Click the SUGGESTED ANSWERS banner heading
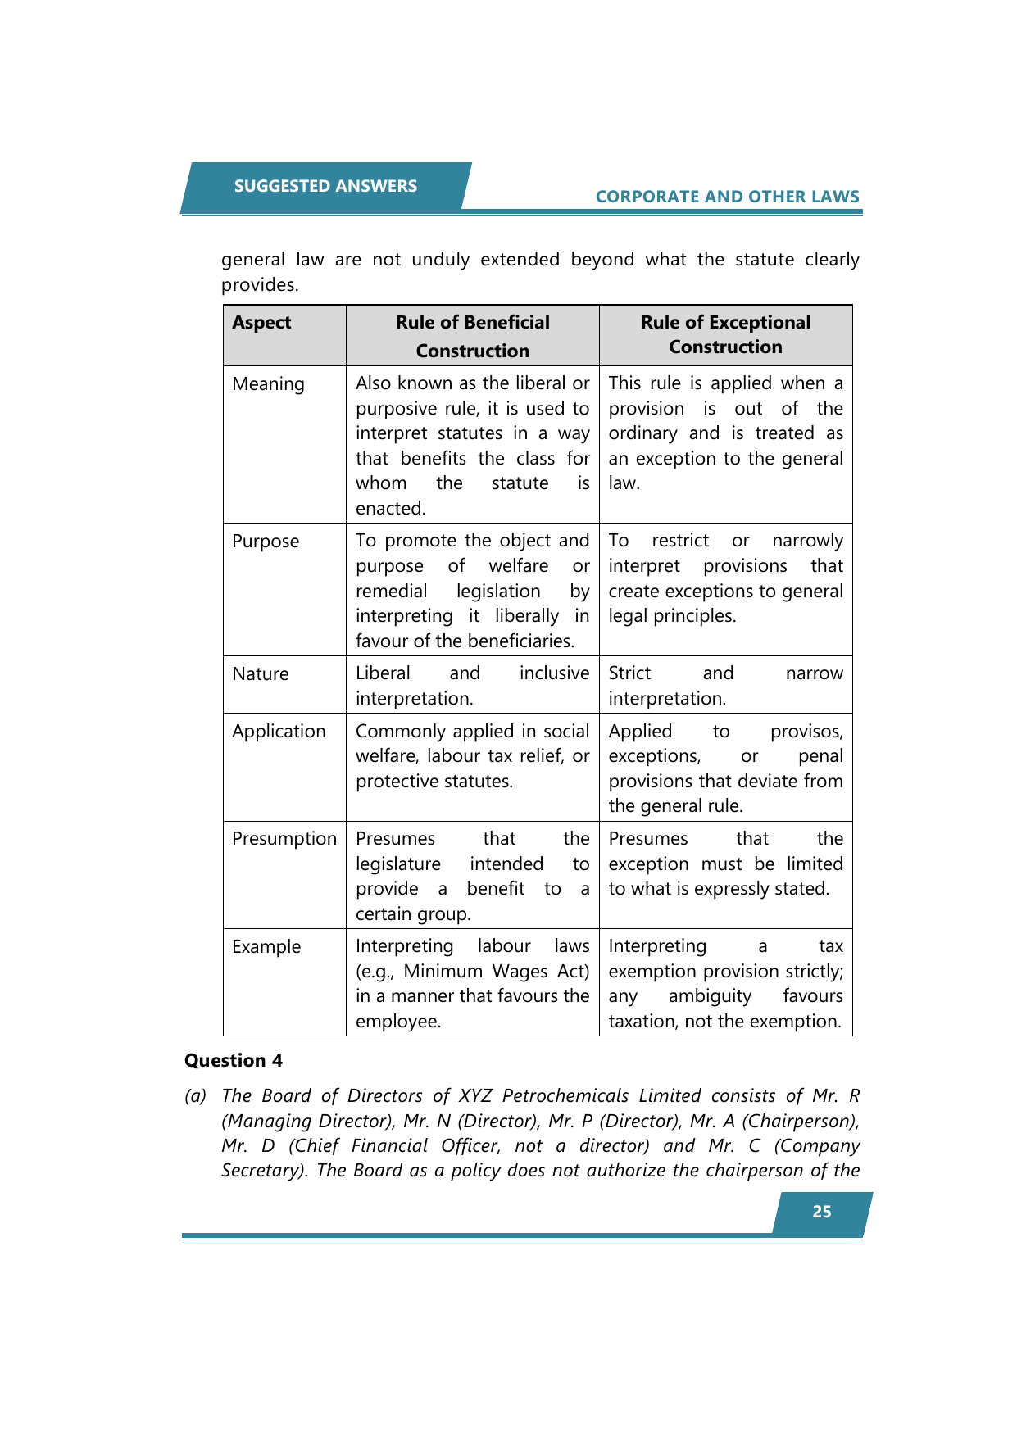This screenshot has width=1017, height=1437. click(x=325, y=186)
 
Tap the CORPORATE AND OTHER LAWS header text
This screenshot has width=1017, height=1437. click(x=727, y=197)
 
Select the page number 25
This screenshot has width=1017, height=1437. click(x=821, y=1212)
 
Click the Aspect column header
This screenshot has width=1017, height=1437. click(x=261, y=323)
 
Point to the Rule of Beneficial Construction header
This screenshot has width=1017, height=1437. click(x=472, y=336)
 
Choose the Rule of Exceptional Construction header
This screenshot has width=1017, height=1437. click(x=725, y=334)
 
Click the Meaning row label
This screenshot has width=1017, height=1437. click(x=268, y=384)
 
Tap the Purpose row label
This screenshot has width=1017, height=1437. click(x=266, y=542)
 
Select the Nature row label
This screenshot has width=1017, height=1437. click(x=261, y=674)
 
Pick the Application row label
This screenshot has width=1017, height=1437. click(x=279, y=732)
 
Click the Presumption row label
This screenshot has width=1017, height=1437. click(x=284, y=839)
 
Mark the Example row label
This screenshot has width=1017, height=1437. click(x=266, y=947)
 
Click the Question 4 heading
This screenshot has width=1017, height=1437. click(x=234, y=1061)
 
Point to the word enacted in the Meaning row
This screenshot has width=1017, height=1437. click(x=389, y=509)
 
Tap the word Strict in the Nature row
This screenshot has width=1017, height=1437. click(x=629, y=673)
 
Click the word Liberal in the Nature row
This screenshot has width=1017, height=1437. click(x=383, y=673)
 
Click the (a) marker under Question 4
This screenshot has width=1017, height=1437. click(x=196, y=1096)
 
